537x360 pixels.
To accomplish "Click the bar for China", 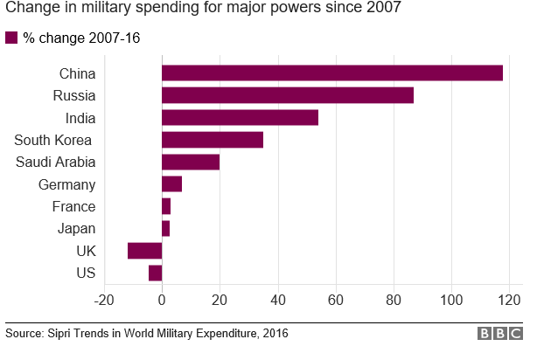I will [x=332, y=73].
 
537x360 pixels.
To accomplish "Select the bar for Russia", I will [x=288, y=95].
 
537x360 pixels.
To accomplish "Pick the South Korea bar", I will [x=213, y=140].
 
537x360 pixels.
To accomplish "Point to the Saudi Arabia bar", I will [x=191, y=162].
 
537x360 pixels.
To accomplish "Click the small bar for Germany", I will [x=171, y=184].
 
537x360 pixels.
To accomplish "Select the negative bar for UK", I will [x=144, y=251].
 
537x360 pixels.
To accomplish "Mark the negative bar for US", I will [x=155, y=273].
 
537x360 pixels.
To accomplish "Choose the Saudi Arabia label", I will [x=55, y=163].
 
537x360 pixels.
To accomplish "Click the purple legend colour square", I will [x=11, y=38].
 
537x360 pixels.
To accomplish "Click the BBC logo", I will [x=501, y=335].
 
